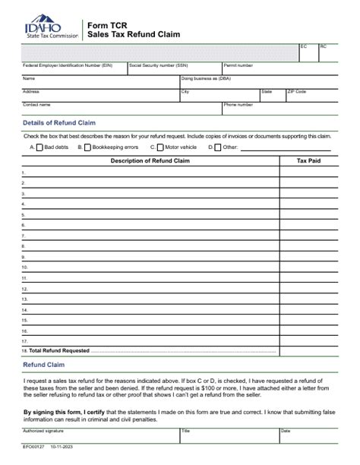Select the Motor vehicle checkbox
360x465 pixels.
coord(160,147)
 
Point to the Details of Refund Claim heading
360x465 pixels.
coord(59,122)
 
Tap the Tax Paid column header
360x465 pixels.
coord(308,161)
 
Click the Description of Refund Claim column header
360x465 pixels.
coord(150,161)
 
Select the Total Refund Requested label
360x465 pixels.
coord(59,350)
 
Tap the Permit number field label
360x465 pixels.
coord(238,65)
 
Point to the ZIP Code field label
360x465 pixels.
coord(296,91)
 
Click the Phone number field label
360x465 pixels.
coord(238,104)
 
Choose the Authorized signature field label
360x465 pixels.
coord(43,431)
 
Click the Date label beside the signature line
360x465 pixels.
coord(286,431)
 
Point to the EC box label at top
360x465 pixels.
coord(304,47)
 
